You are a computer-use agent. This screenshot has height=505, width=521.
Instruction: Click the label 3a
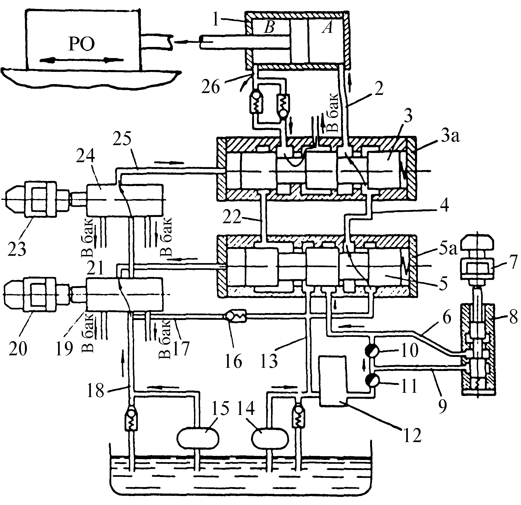(x=449, y=138)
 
